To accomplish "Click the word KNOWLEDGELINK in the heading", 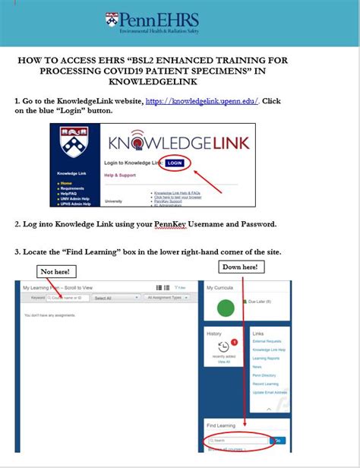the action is [178, 81].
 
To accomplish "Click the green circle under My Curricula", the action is [226, 308].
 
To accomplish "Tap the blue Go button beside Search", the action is [277, 440].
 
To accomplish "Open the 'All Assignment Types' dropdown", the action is [168, 298].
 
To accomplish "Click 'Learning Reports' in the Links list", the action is [267, 358].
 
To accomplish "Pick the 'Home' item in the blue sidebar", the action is [68, 183].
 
